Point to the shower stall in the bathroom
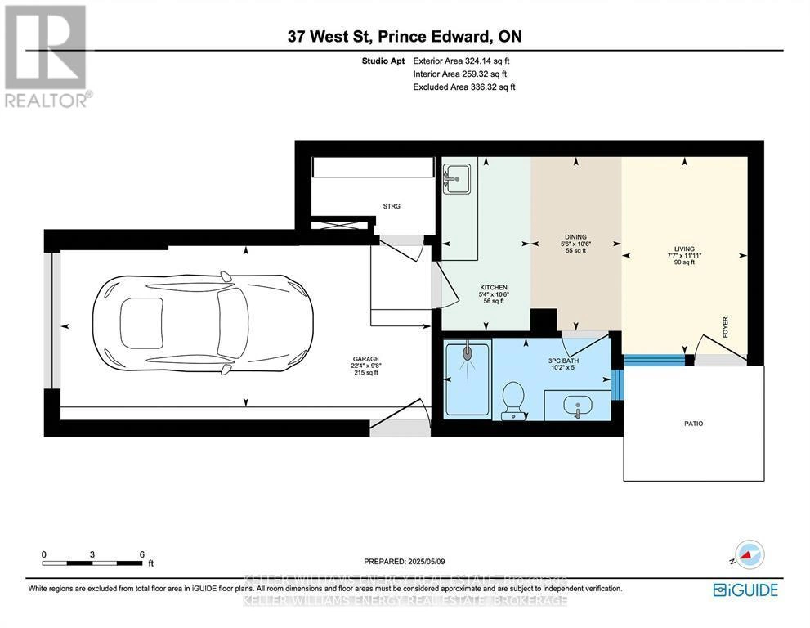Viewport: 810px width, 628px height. tap(468, 379)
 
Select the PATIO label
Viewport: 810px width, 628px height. tap(693, 424)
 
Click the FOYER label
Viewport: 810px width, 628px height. tap(724, 327)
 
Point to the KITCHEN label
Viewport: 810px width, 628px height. tap(493, 287)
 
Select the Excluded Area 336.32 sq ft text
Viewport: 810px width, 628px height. tap(463, 87)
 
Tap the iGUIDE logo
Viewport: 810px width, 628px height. tap(745, 590)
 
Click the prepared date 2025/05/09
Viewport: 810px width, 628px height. tap(405, 561)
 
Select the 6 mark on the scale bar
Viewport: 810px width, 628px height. tap(142, 554)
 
